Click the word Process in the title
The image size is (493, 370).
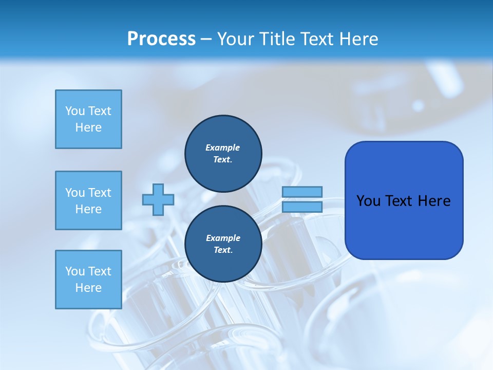(161, 39)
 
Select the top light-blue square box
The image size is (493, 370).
(88, 119)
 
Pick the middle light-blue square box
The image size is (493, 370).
(88, 200)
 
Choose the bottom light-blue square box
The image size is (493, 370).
(88, 280)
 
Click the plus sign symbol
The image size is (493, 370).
(158, 199)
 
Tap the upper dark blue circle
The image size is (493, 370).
(223, 154)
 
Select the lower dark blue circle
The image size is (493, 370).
(223, 244)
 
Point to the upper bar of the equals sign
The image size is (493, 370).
(302, 192)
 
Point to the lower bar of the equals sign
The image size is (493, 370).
(302, 207)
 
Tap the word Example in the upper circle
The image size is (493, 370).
(222, 147)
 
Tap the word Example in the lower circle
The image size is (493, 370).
(222, 238)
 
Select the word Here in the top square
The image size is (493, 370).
(88, 127)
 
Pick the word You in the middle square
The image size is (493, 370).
(74, 193)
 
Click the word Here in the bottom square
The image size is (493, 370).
(88, 288)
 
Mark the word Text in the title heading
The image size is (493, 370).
(316, 39)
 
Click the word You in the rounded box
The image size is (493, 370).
(368, 201)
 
